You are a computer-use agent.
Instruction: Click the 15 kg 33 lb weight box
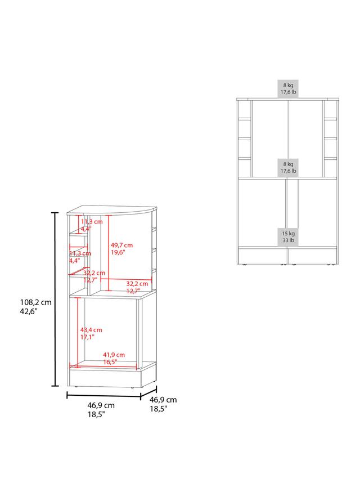(288, 237)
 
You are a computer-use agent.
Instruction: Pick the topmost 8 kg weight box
(288, 89)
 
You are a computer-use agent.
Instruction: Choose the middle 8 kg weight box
(288, 167)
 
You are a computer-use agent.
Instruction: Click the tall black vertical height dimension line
(55, 300)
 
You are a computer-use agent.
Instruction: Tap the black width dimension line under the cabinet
(104, 396)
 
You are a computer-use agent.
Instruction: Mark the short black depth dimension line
(148, 392)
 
